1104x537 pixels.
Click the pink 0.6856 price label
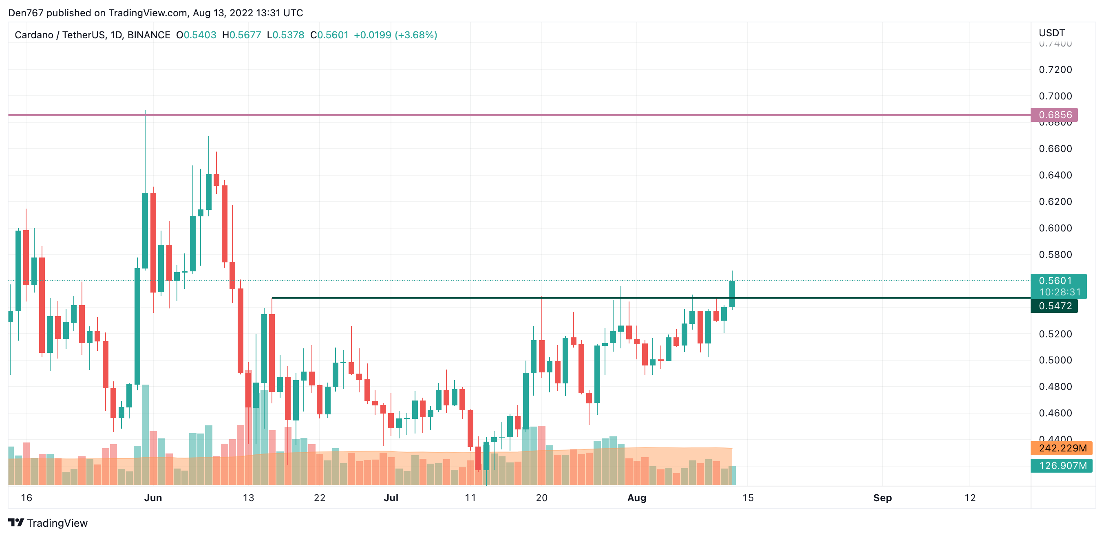pyautogui.click(x=1054, y=115)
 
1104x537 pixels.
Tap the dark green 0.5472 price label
pyautogui.click(x=1054, y=306)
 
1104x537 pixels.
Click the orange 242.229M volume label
pyautogui.click(x=1062, y=448)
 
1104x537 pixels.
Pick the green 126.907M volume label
pyautogui.click(x=1062, y=465)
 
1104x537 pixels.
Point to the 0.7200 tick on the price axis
pyautogui.click(x=1055, y=70)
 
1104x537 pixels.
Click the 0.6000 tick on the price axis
pyautogui.click(x=1055, y=228)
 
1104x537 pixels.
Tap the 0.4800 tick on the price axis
pyautogui.click(x=1055, y=387)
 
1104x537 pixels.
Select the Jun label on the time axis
pyautogui.click(x=153, y=497)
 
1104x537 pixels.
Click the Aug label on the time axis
pyautogui.click(x=636, y=497)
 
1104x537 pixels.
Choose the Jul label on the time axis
pyautogui.click(x=391, y=497)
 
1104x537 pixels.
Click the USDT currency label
pyautogui.click(x=1051, y=33)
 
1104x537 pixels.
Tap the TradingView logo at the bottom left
pyautogui.click(x=48, y=523)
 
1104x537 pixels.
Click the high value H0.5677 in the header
pyautogui.click(x=242, y=35)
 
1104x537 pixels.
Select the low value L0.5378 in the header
pyautogui.click(x=285, y=35)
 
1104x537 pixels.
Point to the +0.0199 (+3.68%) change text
pyautogui.click(x=395, y=35)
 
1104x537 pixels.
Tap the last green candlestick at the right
pyautogui.click(x=732, y=294)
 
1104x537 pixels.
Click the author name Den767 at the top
pyautogui.click(x=26, y=13)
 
